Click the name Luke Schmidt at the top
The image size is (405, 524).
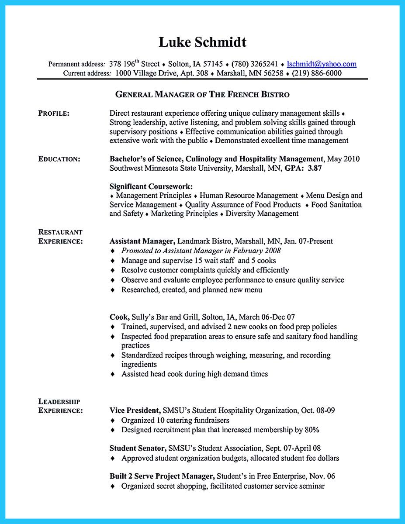pyautogui.click(x=202, y=42)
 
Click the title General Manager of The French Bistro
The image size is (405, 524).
pyautogui.click(x=202, y=94)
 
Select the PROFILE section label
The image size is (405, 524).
pyautogui.click(x=54, y=114)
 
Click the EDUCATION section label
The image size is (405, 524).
pyautogui.click(x=59, y=159)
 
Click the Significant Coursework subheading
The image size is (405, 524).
pyautogui.click(x=145, y=186)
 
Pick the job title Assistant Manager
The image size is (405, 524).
pyautogui.click(x=142, y=241)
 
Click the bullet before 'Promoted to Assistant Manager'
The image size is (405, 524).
pyautogui.click(x=113, y=251)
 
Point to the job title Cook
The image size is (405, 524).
pyautogui.click(x=119, y=317)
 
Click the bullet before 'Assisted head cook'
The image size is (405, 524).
pyautogui.click(x=113, y=374)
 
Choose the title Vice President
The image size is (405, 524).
pyautogui.click(x=135, y=410)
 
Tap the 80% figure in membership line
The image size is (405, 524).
pyautogui.click(x=312, y=430)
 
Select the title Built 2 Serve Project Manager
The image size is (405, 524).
pyautogui.click(x=162, y=476)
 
